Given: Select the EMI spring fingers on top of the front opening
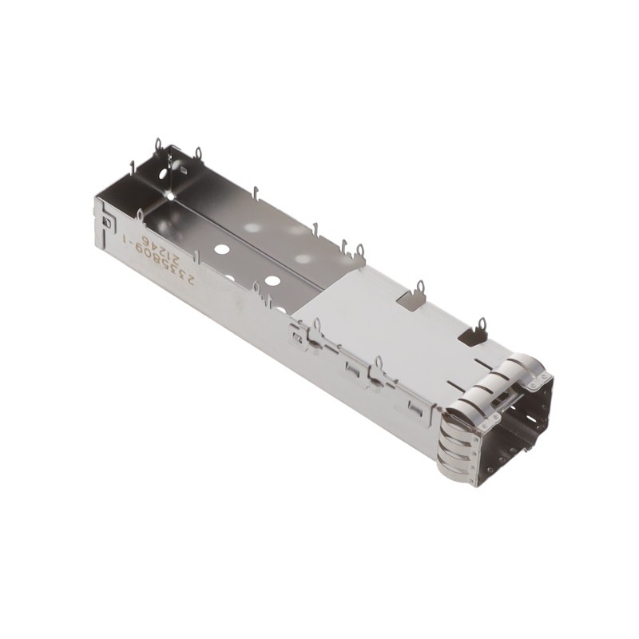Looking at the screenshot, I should click(x=519, y=370).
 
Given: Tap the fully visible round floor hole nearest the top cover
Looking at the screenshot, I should click(x=272, y=281).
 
